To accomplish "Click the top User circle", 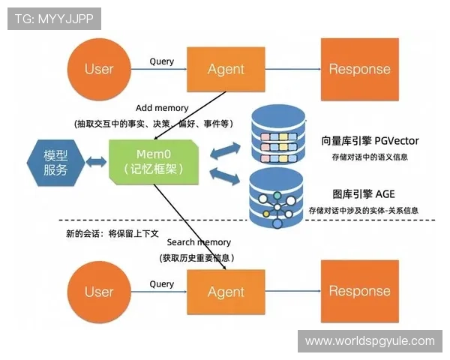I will (98, 69).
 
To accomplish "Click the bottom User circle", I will (98, 292).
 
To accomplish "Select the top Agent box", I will (226, 69).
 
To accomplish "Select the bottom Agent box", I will (226, 292).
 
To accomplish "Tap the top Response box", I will (359, 69).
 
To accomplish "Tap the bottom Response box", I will (359, 292).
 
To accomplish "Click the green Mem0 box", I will (154, 161).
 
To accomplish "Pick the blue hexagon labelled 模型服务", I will (55, 162).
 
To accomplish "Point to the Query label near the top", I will (162, 61).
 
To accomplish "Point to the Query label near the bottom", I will (162, 284).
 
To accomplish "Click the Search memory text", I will (199, 242).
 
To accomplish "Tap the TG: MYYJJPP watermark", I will (54, 19).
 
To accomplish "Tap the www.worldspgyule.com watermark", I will (370, 341).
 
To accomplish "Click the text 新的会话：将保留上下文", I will (112, 233).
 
